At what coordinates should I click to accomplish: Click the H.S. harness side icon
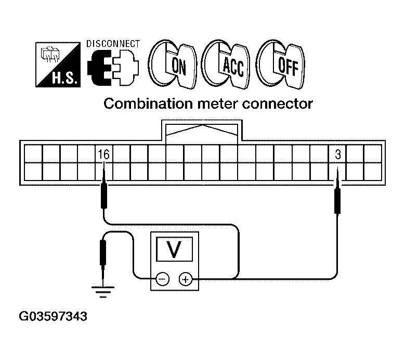point(58,65)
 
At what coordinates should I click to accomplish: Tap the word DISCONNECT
point(113,44)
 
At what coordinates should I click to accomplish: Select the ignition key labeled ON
point(172,65)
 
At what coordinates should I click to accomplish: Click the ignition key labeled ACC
point(226,65)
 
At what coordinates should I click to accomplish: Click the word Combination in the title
point(148,104)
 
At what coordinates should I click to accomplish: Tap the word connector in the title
point(278,104)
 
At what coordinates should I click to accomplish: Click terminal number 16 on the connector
point(104,155)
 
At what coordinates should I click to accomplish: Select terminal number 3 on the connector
point(338,155)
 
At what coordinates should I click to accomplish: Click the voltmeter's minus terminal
point(162,279)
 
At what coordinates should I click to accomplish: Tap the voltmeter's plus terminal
point(186,279)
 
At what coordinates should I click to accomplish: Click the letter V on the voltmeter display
point(174,249)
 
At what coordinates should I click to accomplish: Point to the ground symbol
point(103,292)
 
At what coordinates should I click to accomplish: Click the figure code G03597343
point(53,316)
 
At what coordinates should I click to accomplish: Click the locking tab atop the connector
point(202,131)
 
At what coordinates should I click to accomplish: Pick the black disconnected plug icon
point(99,68)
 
